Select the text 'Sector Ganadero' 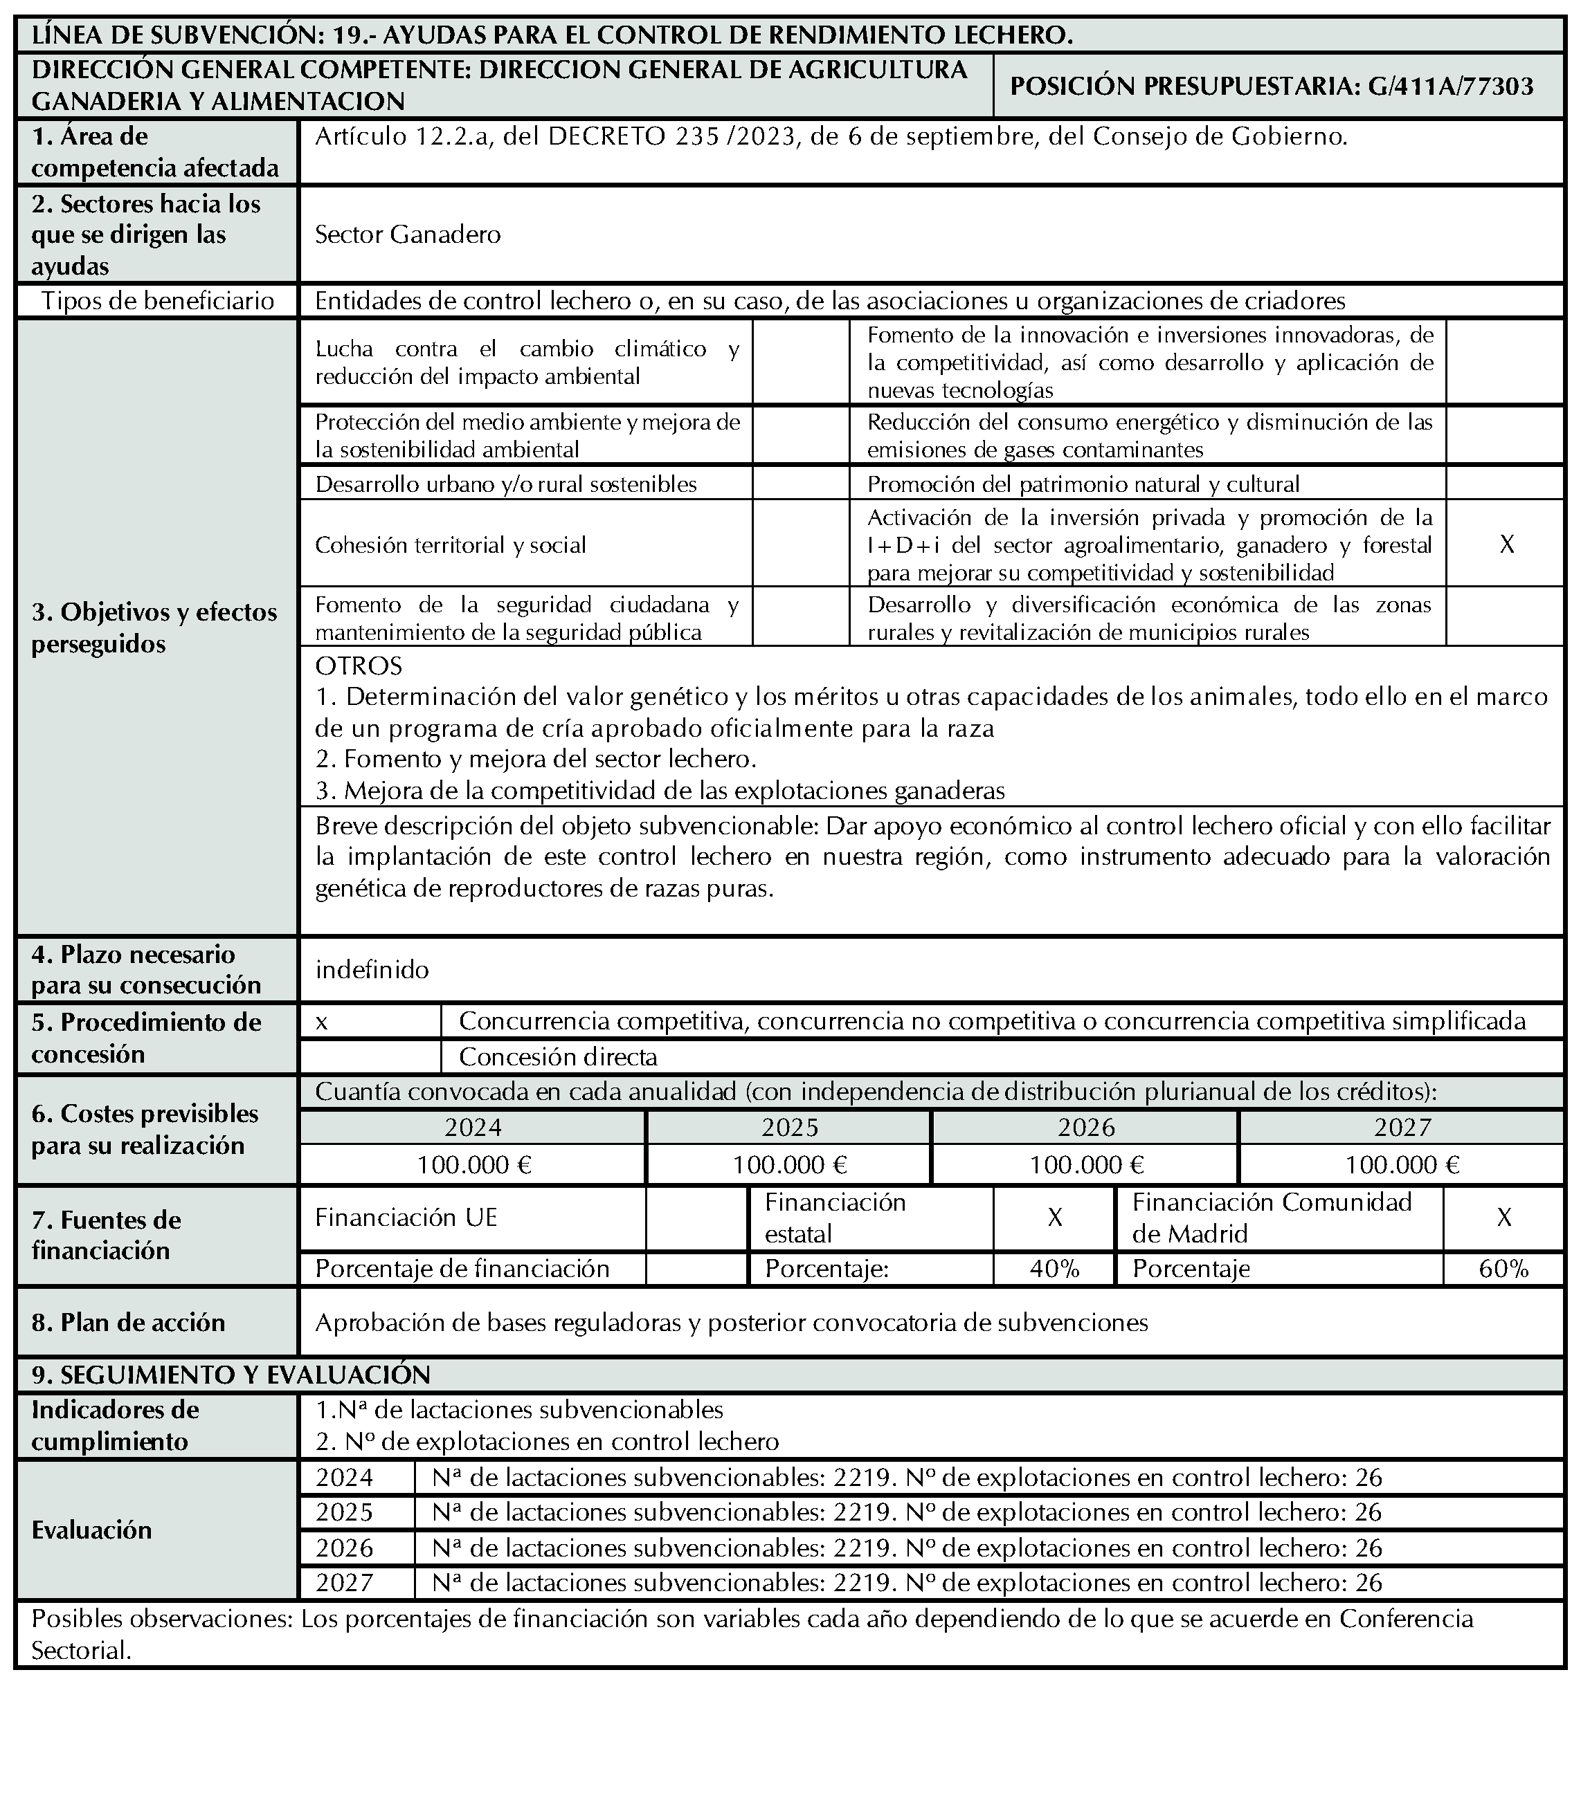coord(408,235)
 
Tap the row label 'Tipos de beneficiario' coord(158,302)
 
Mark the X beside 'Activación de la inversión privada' coord(1507,544)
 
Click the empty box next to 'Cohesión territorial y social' coord(800,544)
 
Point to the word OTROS coord(358,665)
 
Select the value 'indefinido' coord(372,970)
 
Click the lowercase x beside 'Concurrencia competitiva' coord(322,1022)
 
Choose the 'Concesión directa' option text coord(558,1056)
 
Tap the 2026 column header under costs coord(1086,1128)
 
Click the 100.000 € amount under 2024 coord(473,1166)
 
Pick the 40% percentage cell coord(1054,1269)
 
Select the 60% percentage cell coord(1503,1269)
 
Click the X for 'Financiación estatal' coord(1054,1218)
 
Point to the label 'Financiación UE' coord(406,1218)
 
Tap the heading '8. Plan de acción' coord(128,1322)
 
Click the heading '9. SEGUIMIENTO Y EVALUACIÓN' coord(231,1375)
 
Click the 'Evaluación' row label coord(92,1530)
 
